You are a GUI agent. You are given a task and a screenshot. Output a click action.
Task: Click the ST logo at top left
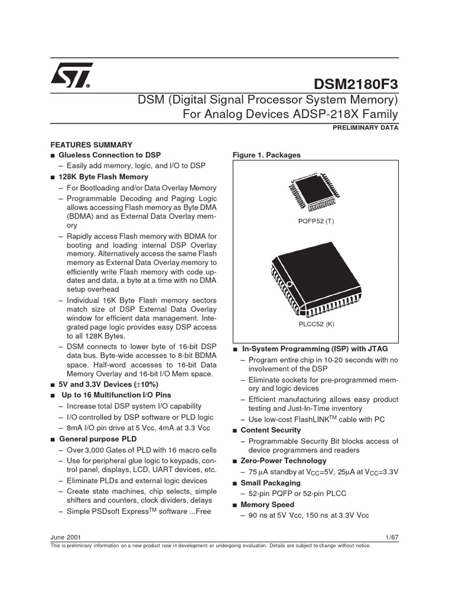[x=70, y=75]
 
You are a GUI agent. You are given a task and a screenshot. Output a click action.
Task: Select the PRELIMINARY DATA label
[x=370, y=128]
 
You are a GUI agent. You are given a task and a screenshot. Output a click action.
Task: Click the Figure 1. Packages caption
[x=267, y=155]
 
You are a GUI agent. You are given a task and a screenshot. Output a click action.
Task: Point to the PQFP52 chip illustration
[x=315, y=194]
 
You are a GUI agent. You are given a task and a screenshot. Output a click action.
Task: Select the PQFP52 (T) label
[x=316, y=222]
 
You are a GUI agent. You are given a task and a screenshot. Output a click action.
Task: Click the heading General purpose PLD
[x=96, y=439]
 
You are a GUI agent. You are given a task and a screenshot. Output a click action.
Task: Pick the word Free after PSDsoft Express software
[x=202, y=512]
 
